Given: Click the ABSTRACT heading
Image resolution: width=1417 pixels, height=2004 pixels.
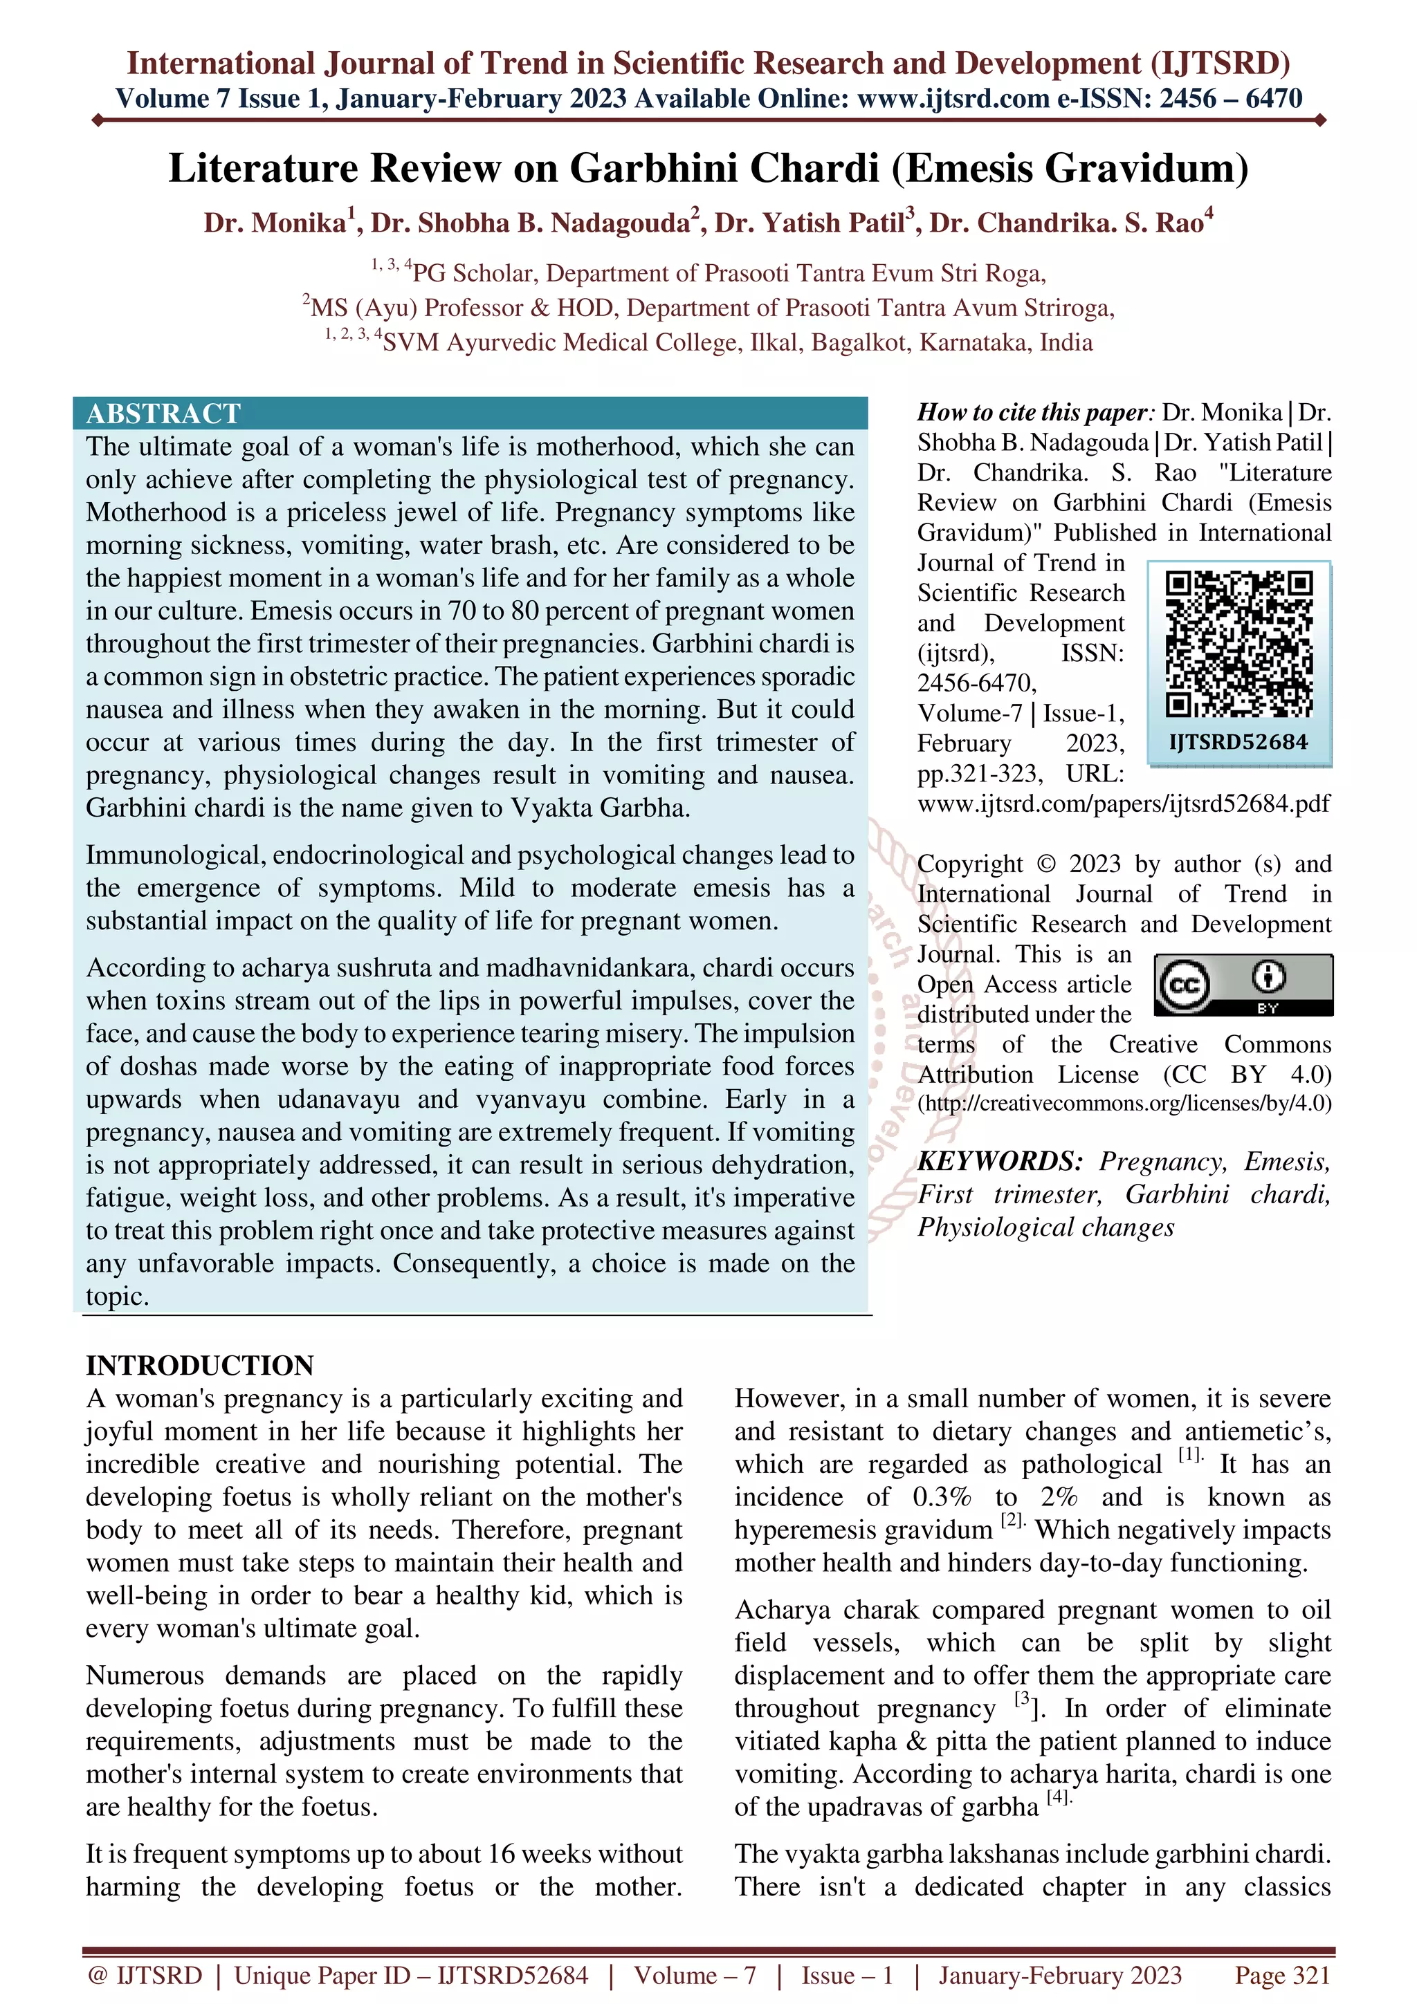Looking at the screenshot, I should coord(163,413).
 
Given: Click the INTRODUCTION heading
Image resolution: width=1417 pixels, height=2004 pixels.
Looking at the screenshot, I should coord(200,1365).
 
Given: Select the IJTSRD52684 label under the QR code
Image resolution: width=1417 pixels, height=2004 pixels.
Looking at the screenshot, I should coord(1238,742).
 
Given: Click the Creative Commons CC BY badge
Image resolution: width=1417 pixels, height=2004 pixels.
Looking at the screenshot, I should coord(1243,985).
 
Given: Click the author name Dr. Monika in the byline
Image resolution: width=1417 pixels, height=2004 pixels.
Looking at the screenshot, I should coord(275,223).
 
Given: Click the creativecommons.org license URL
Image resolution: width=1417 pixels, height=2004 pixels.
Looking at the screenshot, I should coord(1124,1103).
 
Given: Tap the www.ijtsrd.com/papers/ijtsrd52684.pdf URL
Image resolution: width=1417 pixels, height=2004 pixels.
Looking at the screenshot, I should coord(1124,803).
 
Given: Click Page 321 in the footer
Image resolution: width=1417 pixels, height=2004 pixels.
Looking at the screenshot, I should coord(1281,1975).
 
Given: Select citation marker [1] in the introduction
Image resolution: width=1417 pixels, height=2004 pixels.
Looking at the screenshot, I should coord(1189,1455).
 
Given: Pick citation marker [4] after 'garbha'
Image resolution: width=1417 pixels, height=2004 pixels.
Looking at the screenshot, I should coord(1057,1797).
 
